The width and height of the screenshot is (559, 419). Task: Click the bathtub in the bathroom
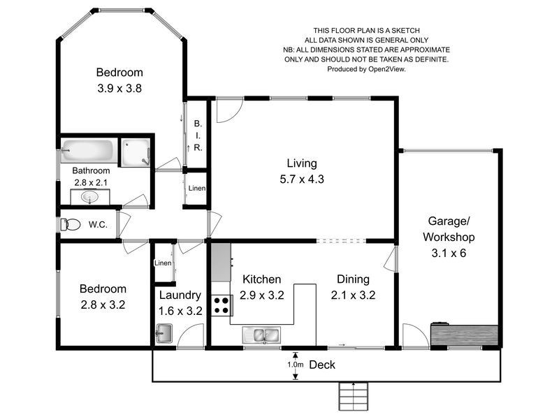[88, 152]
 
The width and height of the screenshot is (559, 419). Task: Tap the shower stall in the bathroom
[135, 152]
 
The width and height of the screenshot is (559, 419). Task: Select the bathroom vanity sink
[89, 198]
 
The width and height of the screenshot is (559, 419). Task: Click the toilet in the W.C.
[71, 225]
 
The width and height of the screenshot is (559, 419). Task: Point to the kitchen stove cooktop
[222, 306]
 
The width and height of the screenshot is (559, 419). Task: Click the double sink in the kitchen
[261, 335]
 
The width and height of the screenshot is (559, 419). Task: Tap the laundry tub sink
[164, 333]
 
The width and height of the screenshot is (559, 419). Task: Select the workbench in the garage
[464, 335]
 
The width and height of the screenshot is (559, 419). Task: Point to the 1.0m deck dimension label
[296, 365]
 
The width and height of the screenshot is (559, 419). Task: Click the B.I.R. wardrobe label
[198, 135]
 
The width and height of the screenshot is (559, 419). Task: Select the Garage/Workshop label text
[448, 237]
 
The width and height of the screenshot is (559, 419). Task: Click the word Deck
[322, 365]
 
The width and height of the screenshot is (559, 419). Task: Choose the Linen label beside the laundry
[162, 263]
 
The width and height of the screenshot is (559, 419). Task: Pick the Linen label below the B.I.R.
[196, 189]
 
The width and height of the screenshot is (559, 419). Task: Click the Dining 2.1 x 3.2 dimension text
[353, 295]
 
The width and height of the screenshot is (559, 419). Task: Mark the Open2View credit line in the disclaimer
[366, 69]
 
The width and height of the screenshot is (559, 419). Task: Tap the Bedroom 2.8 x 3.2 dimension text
[103, 304]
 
